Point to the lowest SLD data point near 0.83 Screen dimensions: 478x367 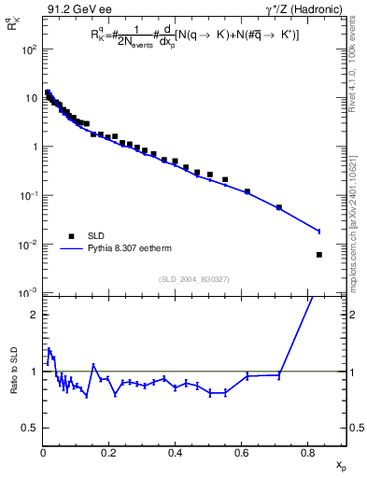click(x=319, y=255)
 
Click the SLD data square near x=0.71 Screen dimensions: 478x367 click(x=279, y=207)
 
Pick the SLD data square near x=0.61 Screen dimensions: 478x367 click(x=247, y=191)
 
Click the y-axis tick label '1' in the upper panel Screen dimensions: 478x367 click(x=34, y=148)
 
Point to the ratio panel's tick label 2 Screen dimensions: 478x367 click(x=34, y=315)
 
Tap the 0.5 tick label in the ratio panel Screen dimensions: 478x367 click(x=29, y=428)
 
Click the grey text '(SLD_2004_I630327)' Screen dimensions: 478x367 click(x=194, y=279)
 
